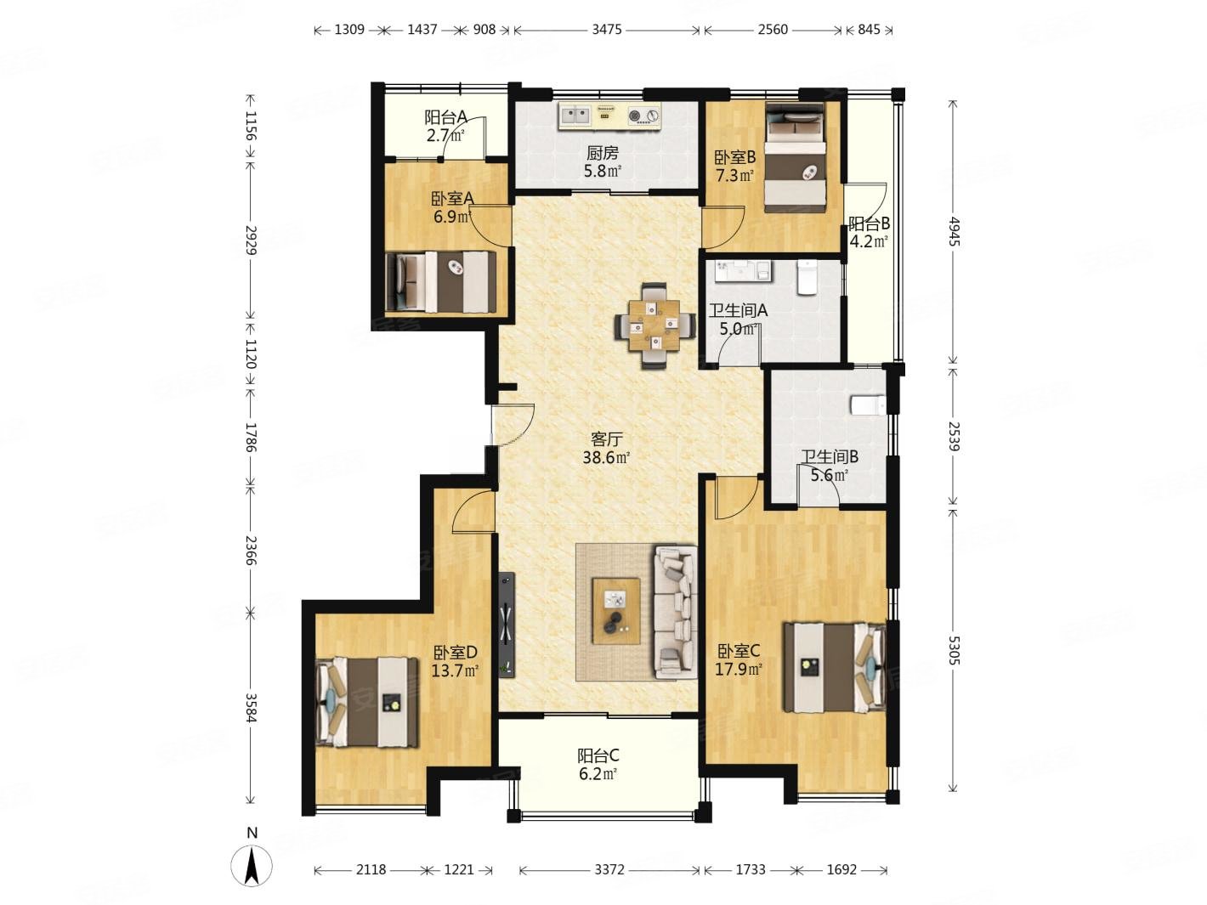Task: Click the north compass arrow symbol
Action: (x=251, y=864)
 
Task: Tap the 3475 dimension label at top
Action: (x=606, y=30)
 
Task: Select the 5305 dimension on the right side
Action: (x=953, y=650)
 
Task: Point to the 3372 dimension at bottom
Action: (x=609, y=870)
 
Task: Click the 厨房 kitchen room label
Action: (x=602, y=152)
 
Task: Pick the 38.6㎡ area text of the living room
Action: (x=606, y=457)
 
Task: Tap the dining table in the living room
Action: (x=654, y=325)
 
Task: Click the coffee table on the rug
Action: (x=615, y=610)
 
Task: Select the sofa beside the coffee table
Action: (x=674, y=612)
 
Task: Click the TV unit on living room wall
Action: (x=506, y=625)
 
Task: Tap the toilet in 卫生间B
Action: (x=867, y=405)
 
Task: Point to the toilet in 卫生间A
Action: (x=807, y=278)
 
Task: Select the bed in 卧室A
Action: (x=440, y=282)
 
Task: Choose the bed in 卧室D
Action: (x=367, y=702)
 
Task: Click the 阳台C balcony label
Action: (x=598, y=755)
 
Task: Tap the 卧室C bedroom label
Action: (x=738, y=651)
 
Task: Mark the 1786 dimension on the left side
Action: (x=251, y=437)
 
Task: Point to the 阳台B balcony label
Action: (x=869, y=223)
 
